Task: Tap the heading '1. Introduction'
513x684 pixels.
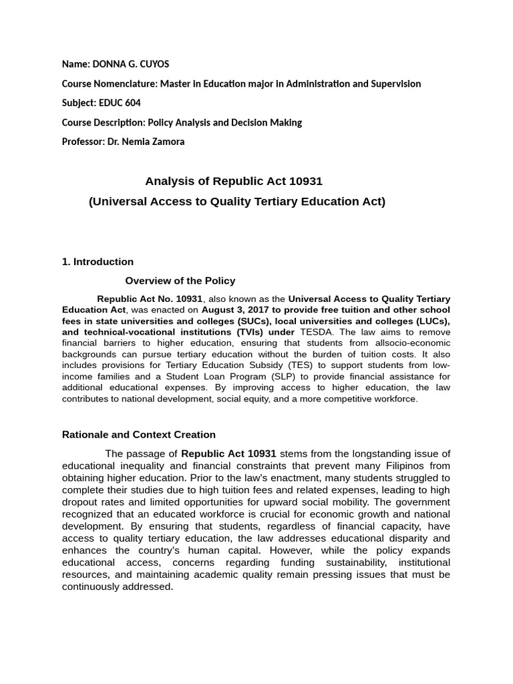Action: tap(98, 262)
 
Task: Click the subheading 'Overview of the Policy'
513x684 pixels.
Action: tap(180, 281)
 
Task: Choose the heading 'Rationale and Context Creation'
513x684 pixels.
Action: tap(139, 434)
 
